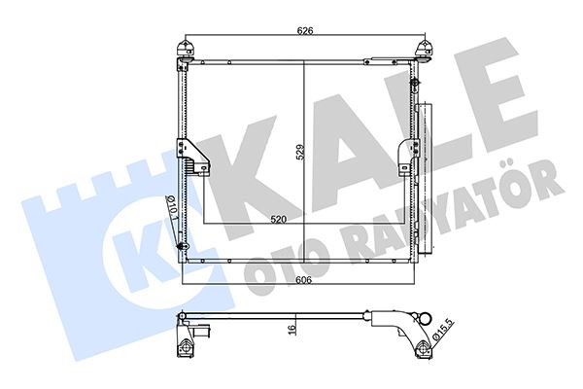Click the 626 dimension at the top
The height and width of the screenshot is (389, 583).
(305, 30)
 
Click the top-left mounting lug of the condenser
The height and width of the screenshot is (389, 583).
(182, 52)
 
